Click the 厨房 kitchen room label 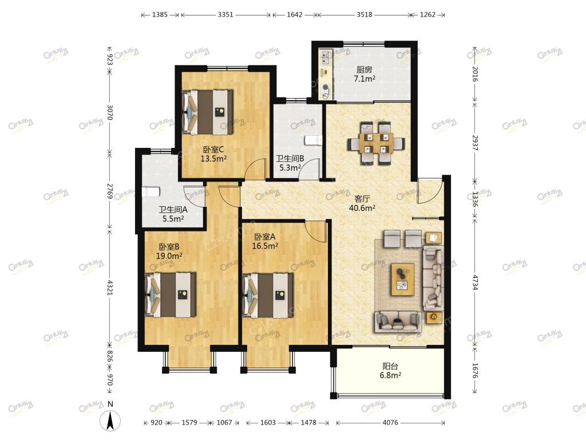pyautogui.click(x=365, y=69)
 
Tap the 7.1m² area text pyautogui.click(x=365, y=79)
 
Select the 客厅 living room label pyautogui.click(x=362, y=199)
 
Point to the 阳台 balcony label pyautogui.click(x=390, y=366)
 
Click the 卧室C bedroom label pyautogui.click(x=213, y=150)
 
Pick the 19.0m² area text pyautogui.click(x=169, y=256)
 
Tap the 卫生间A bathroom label pyautogui.click(x=173, y=210)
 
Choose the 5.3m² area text pyautogui.click(x=290, y=168)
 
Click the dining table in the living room pyautogui.click(x=376, y=143)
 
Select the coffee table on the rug pyautogui.click(x=402, y=279)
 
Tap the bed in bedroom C pyautogui.click(x=207, y=112)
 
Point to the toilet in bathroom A pyautogui.click(x=151, y=192)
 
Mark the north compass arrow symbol pyautogui.click(x=110, y=420)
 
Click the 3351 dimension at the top pyautogui.click(x=225, y=14)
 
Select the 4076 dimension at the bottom pyautogui.click(x=390, y=423)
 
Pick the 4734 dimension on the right pyautogui.click(x=474, y=283)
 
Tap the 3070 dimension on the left pyautogui.click(x=110, y=112)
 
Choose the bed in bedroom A pyautogui.click(x=268, y=295)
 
